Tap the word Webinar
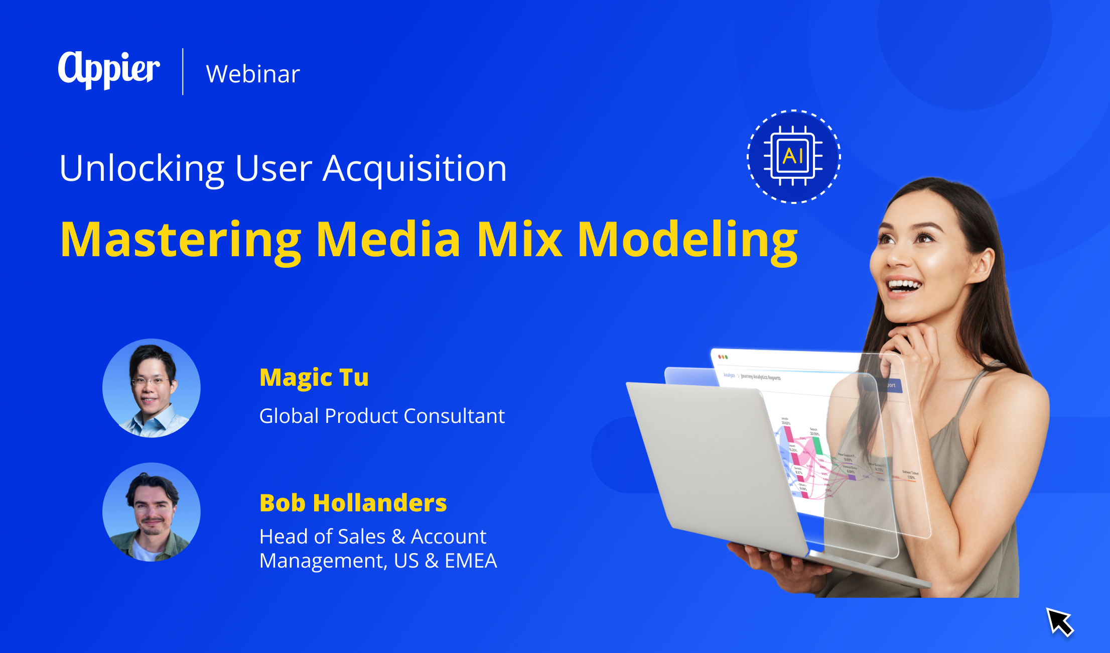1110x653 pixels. point(253,74)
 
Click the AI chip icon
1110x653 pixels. point(793,156)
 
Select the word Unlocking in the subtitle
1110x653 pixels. point(142,169)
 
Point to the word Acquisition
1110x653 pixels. point(414,169)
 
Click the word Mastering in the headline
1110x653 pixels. point(181,240)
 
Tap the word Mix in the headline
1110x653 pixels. point(519,240)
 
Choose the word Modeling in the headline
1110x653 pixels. point(687,240)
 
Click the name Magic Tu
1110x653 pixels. point(314,378)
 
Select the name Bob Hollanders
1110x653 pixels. point(353,503)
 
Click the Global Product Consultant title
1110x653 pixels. point(382,416)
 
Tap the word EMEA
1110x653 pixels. point(471,561)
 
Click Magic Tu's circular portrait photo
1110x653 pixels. point(152,388)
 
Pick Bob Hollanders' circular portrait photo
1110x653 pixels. point(152,512)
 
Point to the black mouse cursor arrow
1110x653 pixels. point(1059,621)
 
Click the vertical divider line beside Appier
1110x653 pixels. point(183,71)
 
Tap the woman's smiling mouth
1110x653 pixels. point(904,286)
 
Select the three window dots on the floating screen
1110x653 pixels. point(723,357)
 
